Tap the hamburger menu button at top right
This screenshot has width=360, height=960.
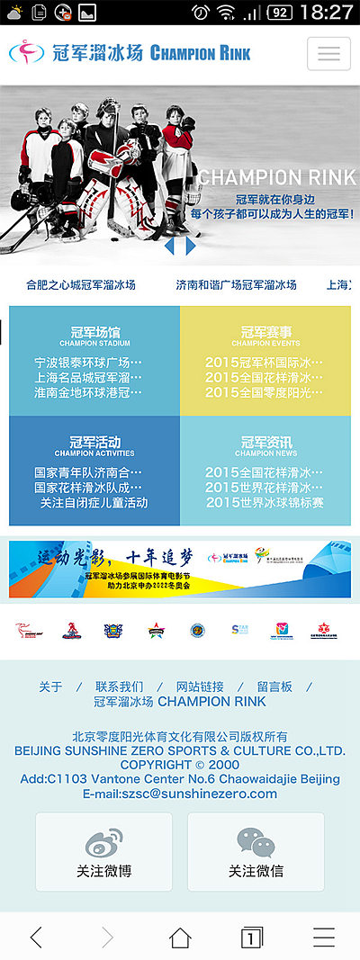coord(328,53)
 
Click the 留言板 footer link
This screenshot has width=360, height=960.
coord(274,686)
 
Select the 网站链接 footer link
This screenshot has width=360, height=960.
coord(200,686)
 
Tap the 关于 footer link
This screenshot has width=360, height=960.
coord(50,686)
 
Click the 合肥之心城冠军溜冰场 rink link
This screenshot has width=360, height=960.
coord(81,284)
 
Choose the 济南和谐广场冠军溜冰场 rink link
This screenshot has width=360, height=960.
coord(236,284)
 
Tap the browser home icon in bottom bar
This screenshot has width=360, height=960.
coord(180,938)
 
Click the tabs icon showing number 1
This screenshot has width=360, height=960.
coord(252,938)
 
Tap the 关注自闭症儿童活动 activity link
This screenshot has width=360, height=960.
coord(94,503)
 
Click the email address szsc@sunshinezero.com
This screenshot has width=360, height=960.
coord(180,794)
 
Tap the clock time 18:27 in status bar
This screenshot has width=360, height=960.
coord(325,13)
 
